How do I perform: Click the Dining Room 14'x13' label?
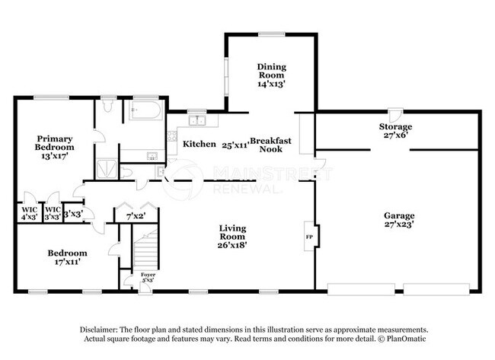click(x=272, y=75)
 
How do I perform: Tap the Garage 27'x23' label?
click(x=399, y=220)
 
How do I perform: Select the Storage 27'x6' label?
click(x=395, y=131)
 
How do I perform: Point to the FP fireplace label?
click(x=309, y=237)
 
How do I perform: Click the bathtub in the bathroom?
click(x=146, y=110)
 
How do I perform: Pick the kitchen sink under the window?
click(x=197, y=120)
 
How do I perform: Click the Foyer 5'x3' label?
click(x=148, y=277)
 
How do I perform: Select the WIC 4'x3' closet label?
click(x=30, y=213)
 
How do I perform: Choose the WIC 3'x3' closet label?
click(x=53, y=213)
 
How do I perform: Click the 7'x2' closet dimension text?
click(x=136, y=216)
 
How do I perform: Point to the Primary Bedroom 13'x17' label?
click(x=55, y=148)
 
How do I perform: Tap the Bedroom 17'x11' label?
click(x=67, y=257)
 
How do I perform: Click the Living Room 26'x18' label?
click(x=232, y=237)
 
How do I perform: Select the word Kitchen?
click(x=200, y=144)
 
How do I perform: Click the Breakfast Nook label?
click(x=271, y=145)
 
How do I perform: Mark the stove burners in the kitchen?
click(x=172, y=136)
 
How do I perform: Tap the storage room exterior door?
click(x=395, y=116)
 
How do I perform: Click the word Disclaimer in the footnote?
click(x=99, y=330)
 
